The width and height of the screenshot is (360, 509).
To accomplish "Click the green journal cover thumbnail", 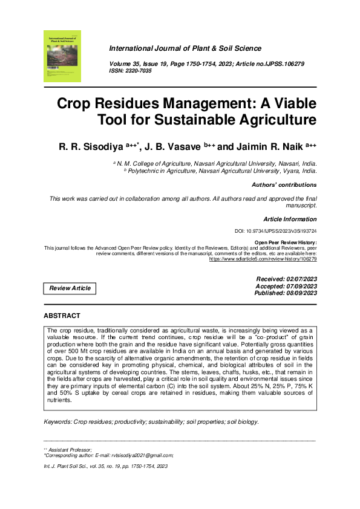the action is pyautogui.click(x=62, y=56).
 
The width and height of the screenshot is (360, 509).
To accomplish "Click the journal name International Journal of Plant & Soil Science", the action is pyautogui.click(x=185, y=48).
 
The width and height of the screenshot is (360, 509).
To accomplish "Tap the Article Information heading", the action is pyautogui.click(x=290, y=219).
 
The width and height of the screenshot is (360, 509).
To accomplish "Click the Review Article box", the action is pyautogui.click(x=70, y=288).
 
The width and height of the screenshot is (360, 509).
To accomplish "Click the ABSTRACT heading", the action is pyautogui.click(x=62, y=316).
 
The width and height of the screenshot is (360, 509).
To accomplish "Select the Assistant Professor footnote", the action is pyautogui.click(x=70, y=449).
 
